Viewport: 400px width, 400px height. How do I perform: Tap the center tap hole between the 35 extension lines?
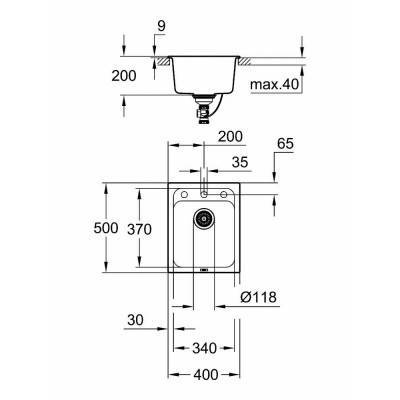[x=204, y=191]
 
